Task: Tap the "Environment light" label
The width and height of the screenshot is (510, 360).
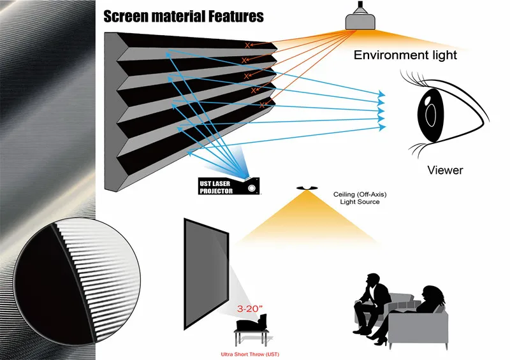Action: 405,55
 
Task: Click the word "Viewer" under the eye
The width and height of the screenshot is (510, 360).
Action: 445,170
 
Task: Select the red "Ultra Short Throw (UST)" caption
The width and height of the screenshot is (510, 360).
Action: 250,354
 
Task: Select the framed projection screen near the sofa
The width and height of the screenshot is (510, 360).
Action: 205,270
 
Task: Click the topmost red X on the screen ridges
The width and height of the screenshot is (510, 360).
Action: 247,45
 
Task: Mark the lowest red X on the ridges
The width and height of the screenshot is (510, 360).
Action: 261,105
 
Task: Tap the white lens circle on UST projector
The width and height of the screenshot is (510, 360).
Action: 252,189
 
